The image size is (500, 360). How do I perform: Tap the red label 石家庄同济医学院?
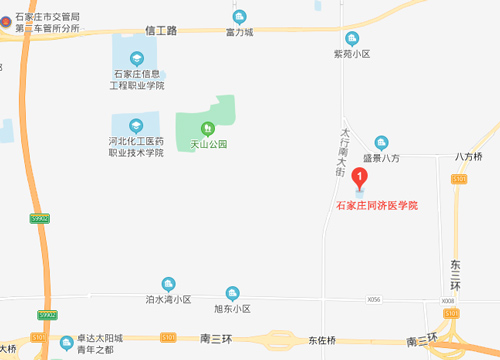pos(375,205)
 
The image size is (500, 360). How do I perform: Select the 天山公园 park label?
pos(208,144)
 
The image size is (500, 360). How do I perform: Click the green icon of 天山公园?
pos(208,127)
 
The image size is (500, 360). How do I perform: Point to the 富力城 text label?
pos(239,32)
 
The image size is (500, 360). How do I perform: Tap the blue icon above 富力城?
pos(239,16)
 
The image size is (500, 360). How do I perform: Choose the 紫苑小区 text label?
pos(352,54)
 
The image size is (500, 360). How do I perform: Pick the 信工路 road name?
pos(160,31)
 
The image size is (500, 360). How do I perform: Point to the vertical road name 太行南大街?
pos(341,151)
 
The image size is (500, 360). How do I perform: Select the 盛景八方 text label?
pos(380,158)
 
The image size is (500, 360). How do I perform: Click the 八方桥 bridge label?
pos(468,157)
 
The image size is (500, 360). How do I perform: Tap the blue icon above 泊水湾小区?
pos(168,283)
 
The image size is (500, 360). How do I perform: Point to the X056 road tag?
pos(375,298)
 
